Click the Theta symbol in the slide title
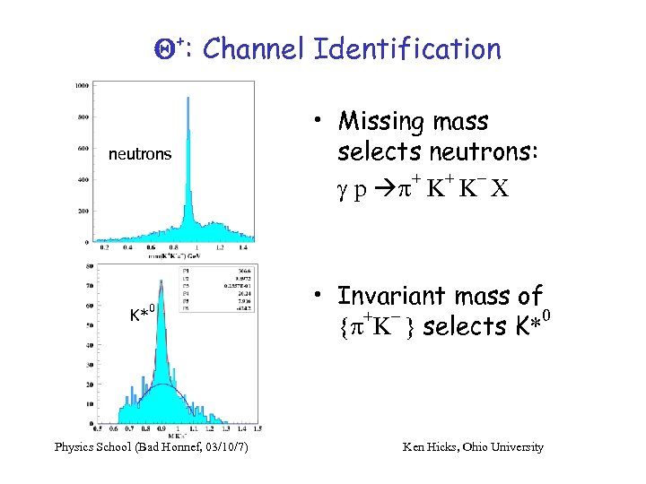point(153,49)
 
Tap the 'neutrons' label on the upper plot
point(139,154)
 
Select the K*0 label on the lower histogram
point(144,314)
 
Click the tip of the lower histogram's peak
point(161,280)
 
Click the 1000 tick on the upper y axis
point(82,86)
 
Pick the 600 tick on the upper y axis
point(82,149)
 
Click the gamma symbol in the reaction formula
point(344,190)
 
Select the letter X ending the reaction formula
point(500,189)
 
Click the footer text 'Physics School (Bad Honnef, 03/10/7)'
point(152,446)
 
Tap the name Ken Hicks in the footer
point(432,446)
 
